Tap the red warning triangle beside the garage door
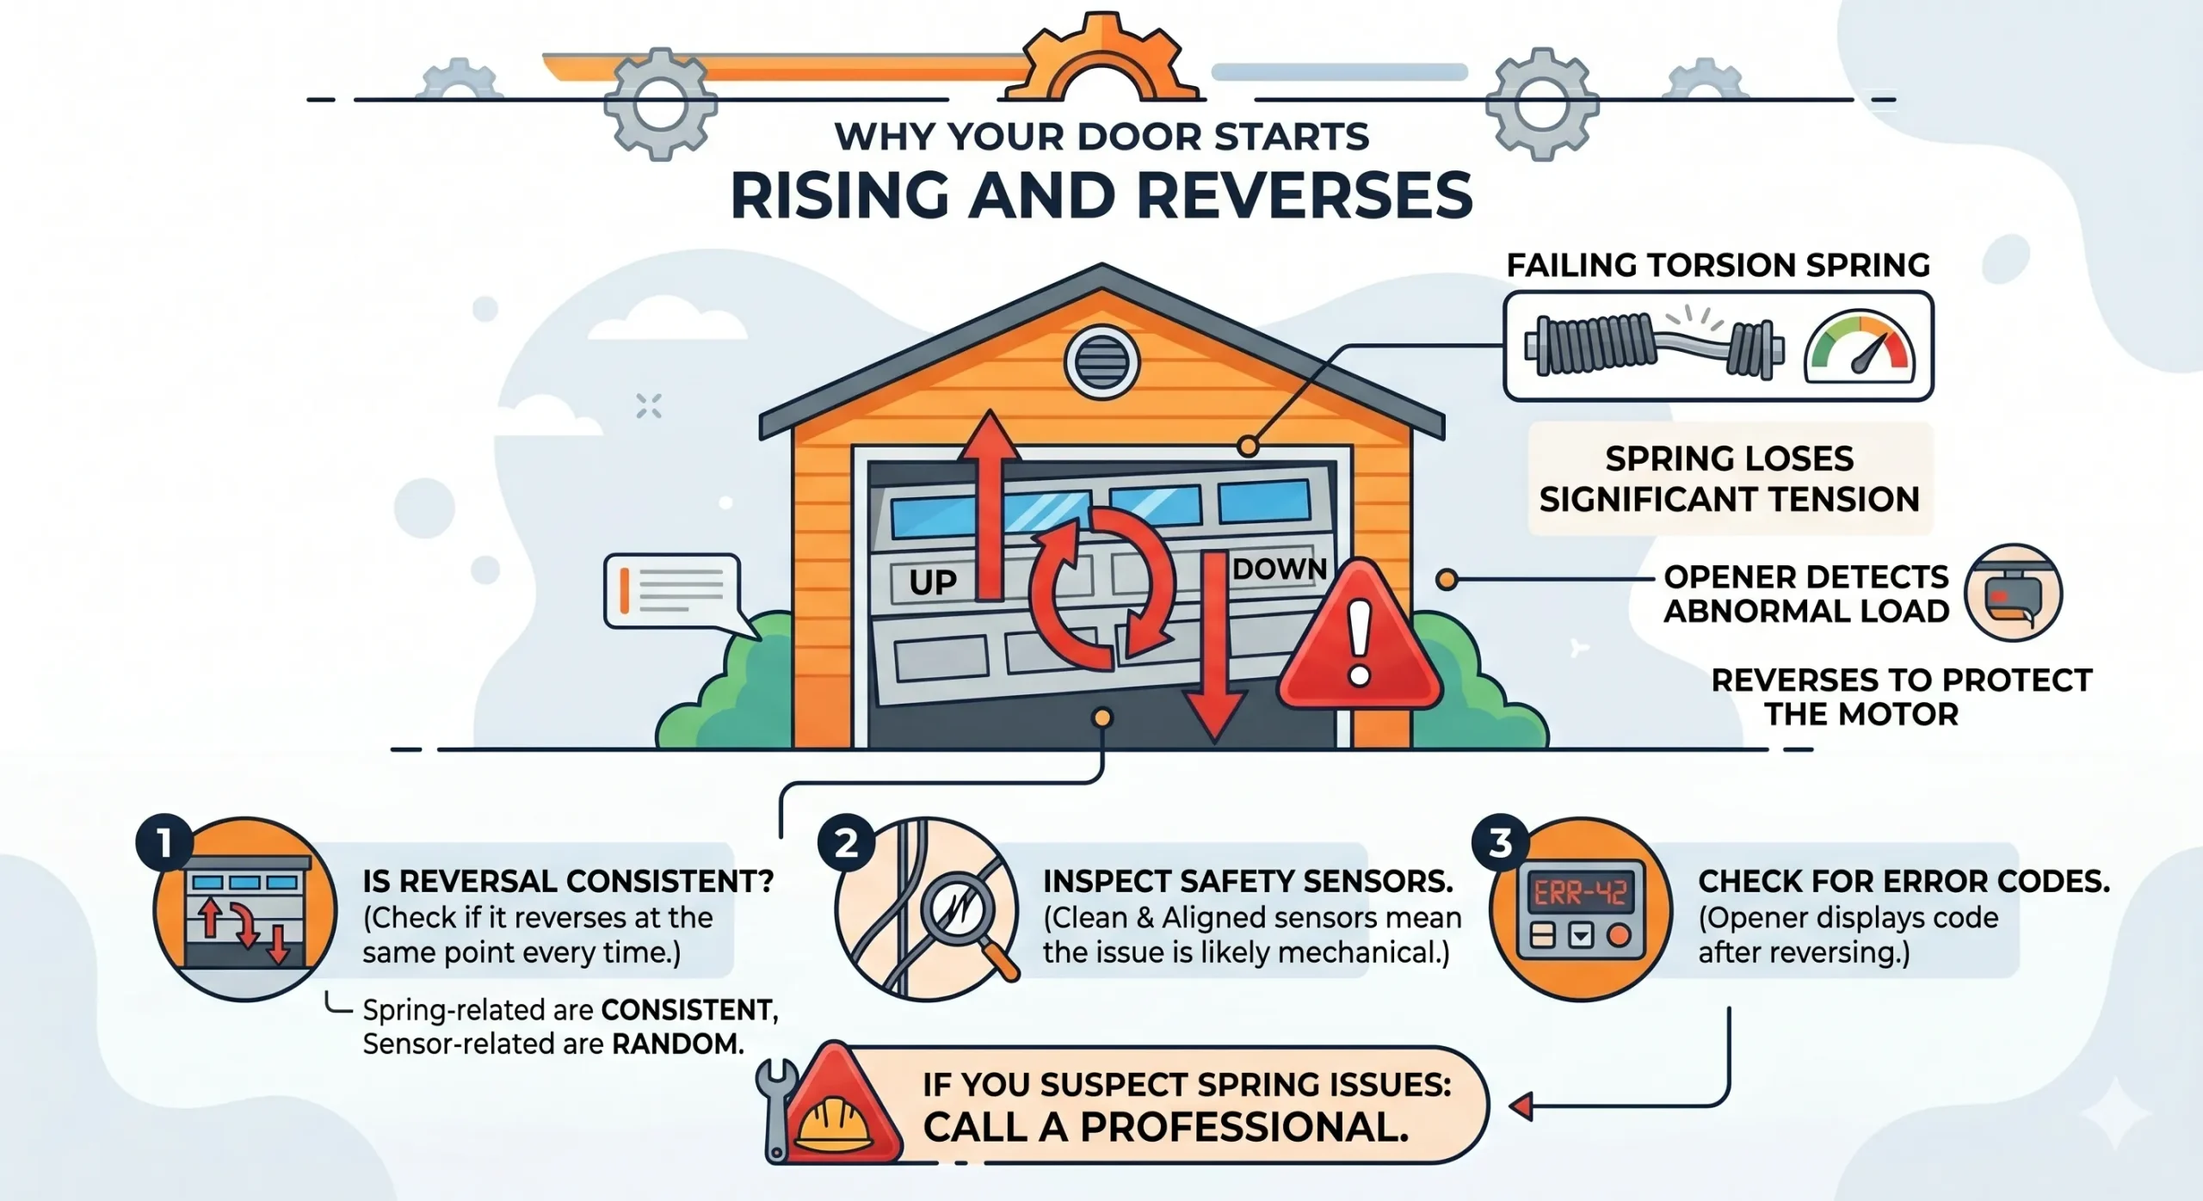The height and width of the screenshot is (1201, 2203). point(1359,637)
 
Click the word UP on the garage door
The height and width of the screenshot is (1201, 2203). point(933,583)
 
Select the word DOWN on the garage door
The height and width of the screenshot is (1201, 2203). point(1280,569)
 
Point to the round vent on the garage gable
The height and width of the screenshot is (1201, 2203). point(1101,362)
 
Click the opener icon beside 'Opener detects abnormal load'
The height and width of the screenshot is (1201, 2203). point(2013,593)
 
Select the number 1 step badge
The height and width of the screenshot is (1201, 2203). point(164,843)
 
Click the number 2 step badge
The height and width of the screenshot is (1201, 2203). point(847,843)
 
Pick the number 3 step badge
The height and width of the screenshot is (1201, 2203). point(1501,843)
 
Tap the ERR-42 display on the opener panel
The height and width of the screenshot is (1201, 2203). point(1580,894)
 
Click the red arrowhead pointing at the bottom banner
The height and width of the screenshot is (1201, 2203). point(1521,1106)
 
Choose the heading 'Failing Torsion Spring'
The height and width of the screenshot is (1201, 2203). point(1718,265)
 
